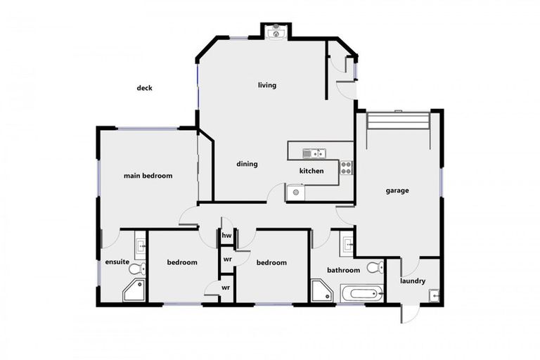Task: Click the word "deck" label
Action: point(144,88)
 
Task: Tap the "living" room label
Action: point(267,85)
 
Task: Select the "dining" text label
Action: point(247,164)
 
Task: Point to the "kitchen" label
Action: point(311,171)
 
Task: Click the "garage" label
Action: point(397,191)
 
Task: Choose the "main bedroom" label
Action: point(148,176)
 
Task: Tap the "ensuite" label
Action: point(117,262)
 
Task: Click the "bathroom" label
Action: point(344,270)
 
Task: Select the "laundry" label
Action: point(413,281)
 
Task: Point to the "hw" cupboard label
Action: point(227,236)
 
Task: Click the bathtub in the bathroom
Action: point(361,293)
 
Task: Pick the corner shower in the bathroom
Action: point(321,290)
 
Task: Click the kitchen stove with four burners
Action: point(346,167)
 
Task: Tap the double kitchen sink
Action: point(312,153)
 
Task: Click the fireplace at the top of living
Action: point(276,31)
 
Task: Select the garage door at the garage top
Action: point(397,121)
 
